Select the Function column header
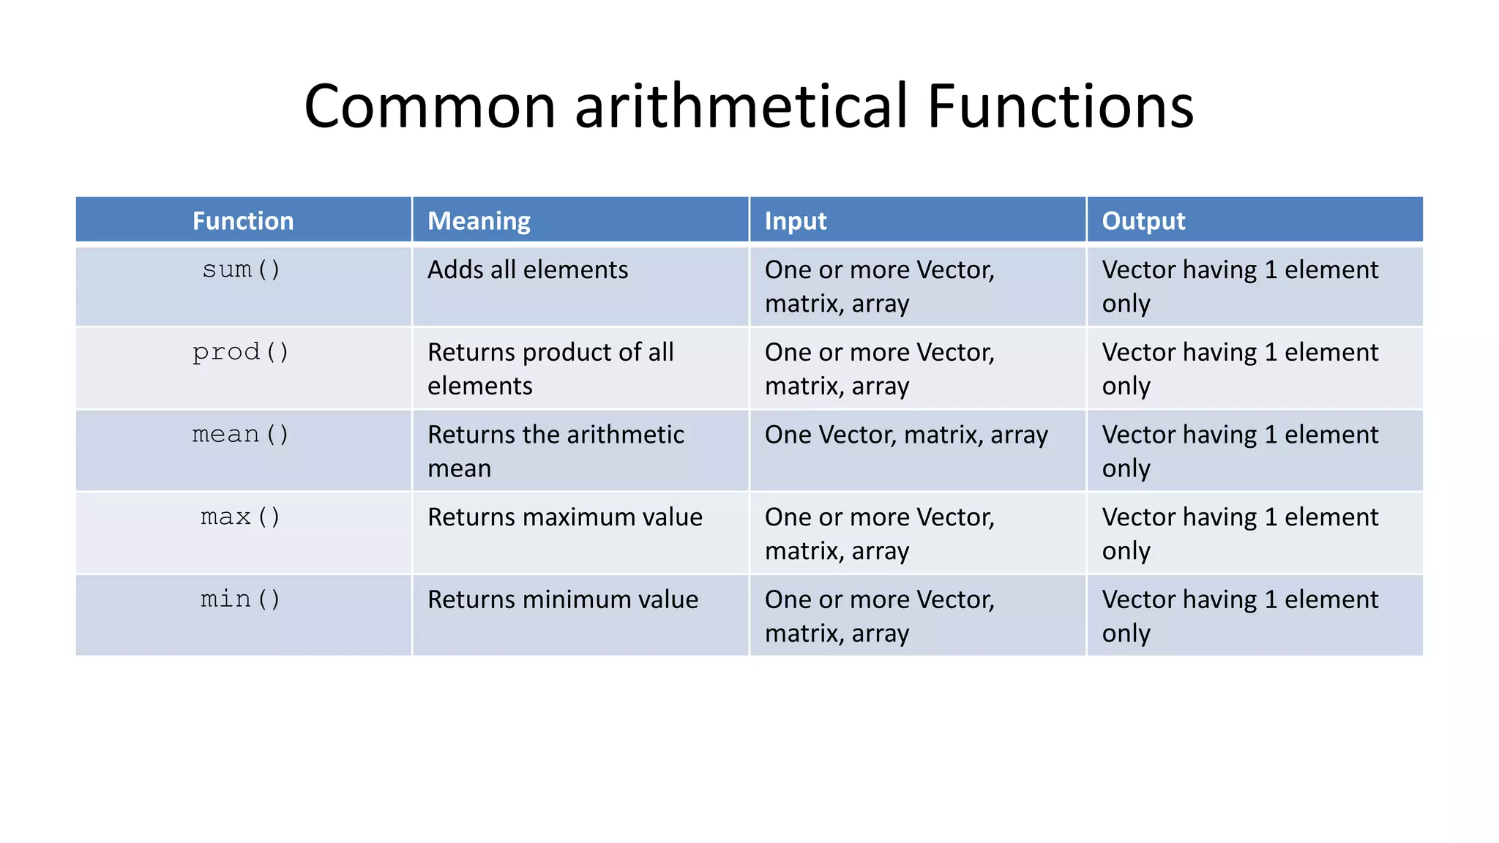tap(243, 221)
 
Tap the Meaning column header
tap(479, 221)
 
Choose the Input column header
tap(795, 221)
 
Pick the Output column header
tap(1143, 221)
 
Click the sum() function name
tap(242, 270)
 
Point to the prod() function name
tap(241, 353)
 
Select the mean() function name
tap(241, 435)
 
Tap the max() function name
tap(241, 517)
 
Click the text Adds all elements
tap(528, 270)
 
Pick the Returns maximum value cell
tap(564, 517)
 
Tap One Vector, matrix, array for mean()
tap(906, 435)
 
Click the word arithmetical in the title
tap(741, 107)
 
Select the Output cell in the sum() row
tap(1239, 286)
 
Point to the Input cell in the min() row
tap(879, 616)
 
